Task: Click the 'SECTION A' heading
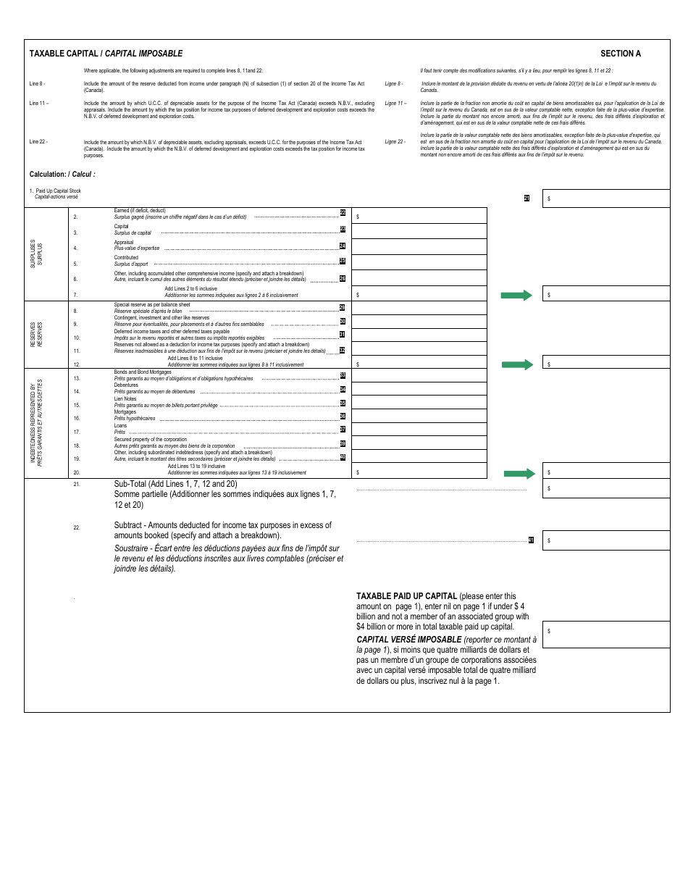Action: click(x=620, y=54)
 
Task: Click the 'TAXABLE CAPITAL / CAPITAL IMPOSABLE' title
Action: click(x=106, y=54)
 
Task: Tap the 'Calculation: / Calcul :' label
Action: click(x=62, y=175)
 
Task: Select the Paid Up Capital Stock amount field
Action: click(x=606, y=198)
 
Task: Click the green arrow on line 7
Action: click(x=516, y=295)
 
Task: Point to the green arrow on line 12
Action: click(x=516, y=364)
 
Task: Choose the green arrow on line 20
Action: click(x=519, y=473)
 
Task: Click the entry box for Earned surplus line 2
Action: click(x=419, y=216)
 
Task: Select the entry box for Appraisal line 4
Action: click(x=419, y=247)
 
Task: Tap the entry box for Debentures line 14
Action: click(x=419, y=389)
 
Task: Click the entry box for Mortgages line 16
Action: click(x=419, y=416)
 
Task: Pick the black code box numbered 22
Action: click(x=343, y=212)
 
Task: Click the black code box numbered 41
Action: click(x=531, y=540)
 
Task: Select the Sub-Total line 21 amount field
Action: click(x=606, y=489)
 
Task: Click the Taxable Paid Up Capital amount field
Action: click(x=606, y=634)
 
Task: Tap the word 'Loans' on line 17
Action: click(x=120, y=426)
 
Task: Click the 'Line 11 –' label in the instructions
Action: click(x=38, y=104)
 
